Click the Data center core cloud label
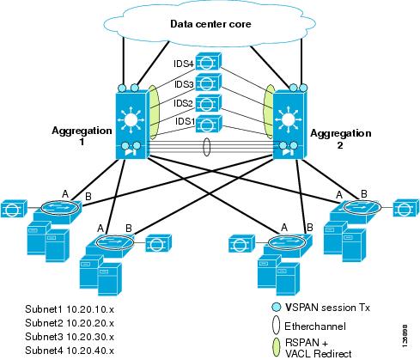(x=210, y=24)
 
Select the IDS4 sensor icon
(x=208, y=61)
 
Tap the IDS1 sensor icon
(x=209, y=124)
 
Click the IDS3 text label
(x=184, y=84)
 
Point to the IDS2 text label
(x=183, y=103)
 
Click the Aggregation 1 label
(x=82, y=136)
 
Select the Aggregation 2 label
(x=341, y=138)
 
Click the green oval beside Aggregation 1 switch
(x=154, y=113)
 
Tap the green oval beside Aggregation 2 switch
(x=269, y=111)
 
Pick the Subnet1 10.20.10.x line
(x=70, y=309)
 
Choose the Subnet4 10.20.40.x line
(x=70, y=351)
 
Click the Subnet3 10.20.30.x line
(x=70, y=337)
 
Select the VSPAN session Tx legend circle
(x=276, y=307)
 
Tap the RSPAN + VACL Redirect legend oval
(x=276, y=347)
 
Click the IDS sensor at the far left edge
(x=14, y=209)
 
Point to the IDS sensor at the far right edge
(x=406, y=207)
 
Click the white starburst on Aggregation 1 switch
(x=131, y=119)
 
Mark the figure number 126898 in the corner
(x=405, y=336)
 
